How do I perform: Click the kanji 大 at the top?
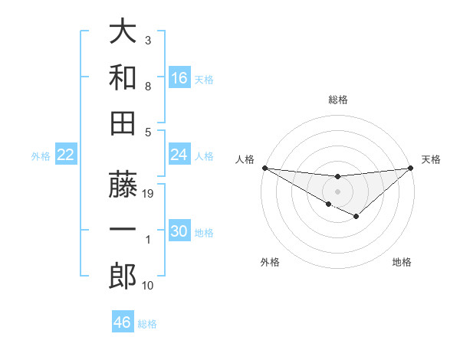pos(123,33)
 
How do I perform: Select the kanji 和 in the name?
pos(123,77)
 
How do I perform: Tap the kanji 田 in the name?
pos(123,122)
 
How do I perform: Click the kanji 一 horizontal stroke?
pos(123,231)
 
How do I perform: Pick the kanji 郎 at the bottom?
pos(123,277)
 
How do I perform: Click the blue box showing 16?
pos(179,78)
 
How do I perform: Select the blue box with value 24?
pos(179,155)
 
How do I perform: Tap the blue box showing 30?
pos(179,232)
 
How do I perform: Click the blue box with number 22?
pos(66,155)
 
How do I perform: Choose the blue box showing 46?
pos(123,322)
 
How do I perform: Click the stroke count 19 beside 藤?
pos(149,195)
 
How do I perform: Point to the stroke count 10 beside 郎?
pos(149,286)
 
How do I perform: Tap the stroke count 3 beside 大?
pos(148,40)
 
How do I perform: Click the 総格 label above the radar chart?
pos(337,100)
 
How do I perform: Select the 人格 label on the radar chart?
pos(245,159)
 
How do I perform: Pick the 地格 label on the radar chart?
pos(402,263)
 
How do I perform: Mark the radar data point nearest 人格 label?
pos(264,168)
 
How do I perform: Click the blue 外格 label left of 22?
pos(41,155)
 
